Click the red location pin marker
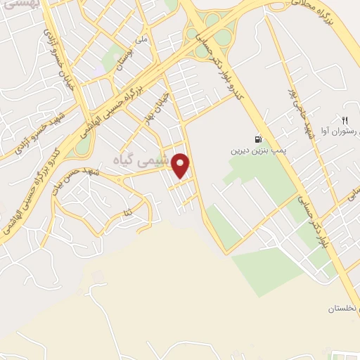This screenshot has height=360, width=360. (x=181, y=166)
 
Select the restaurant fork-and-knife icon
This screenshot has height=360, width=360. (x=345, y=118)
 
